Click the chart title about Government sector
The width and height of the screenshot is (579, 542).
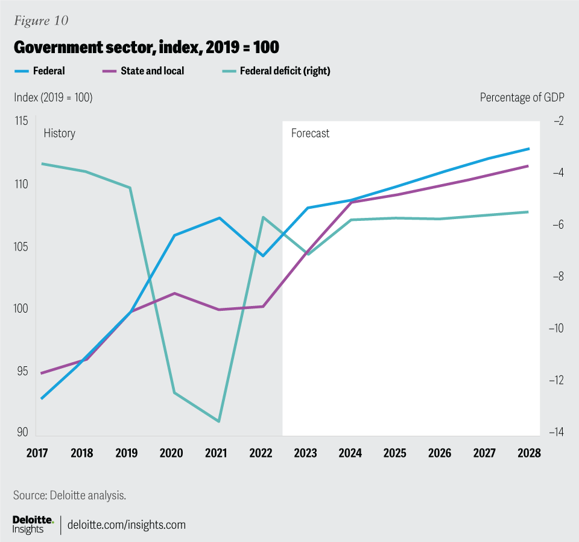pyautogui.click(x=146, y=47)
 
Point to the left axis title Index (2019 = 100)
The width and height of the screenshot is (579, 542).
pyautogui.click(x=52, y=97)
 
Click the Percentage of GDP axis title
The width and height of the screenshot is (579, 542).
pyautogui.click(x=522, y=97)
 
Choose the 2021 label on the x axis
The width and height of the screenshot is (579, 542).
pyautogui.click(x=219, y=453)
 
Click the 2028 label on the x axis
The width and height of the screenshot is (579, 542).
pyautogui.click(x=528, y=453)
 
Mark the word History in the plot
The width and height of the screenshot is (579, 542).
pyautogui.click(x=59, y=133)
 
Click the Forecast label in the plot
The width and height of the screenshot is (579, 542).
pyautogui.click(x=310, y=133)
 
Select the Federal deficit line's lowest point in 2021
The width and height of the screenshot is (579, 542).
pyautogui.click(x=218, y=421)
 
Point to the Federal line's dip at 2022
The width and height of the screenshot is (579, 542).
pyautogui.click(x=263, y=256)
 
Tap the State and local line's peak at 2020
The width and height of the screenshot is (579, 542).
pyautogui.click(x=174, y=293)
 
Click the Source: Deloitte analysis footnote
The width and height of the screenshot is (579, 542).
pyautogui.click(x=69, y=496)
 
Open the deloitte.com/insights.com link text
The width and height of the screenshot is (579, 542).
pyautogui.click(x=126, y=524)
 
